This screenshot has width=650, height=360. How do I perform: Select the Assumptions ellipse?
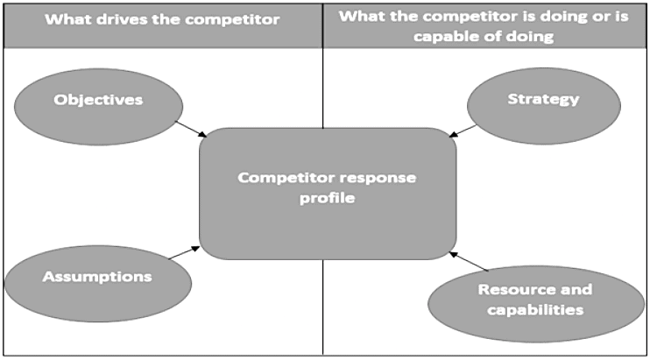point(98,278)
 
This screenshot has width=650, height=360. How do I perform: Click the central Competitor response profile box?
point(328,193)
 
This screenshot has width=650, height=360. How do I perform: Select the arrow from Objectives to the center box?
point(192,127)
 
